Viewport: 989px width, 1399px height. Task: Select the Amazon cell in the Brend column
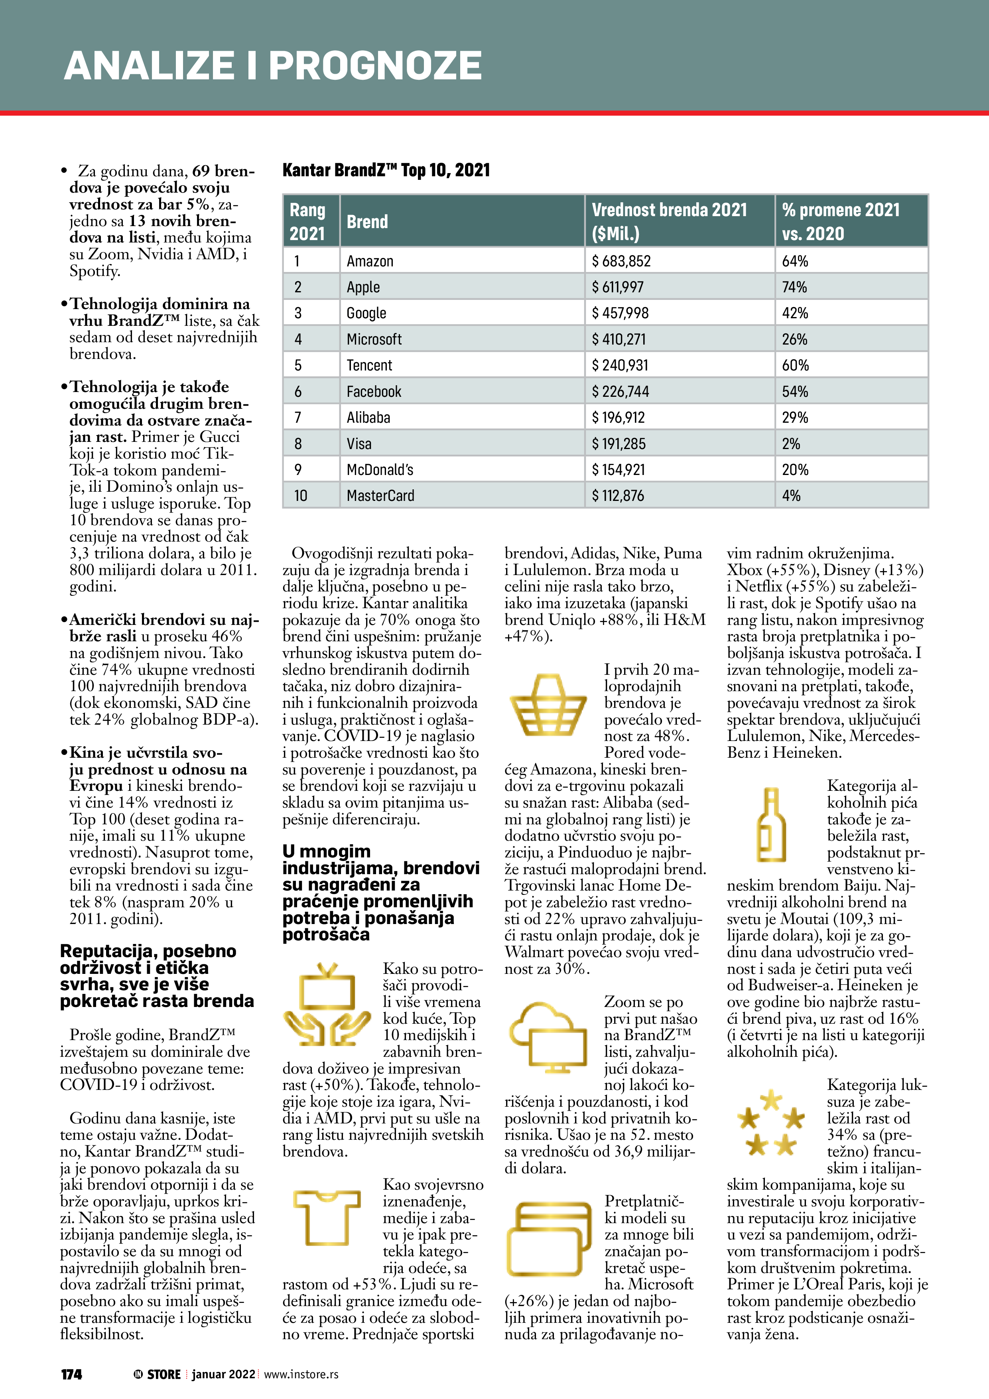pyautogui.click(x=370, y=261)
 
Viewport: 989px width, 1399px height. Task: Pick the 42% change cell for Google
pyautogui.click(x=795, y=313)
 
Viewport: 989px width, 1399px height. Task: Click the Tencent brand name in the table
pyautogui.click(x=369, y=366)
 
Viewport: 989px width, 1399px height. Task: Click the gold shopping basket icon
pyautogui.click(x=548, y=705)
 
